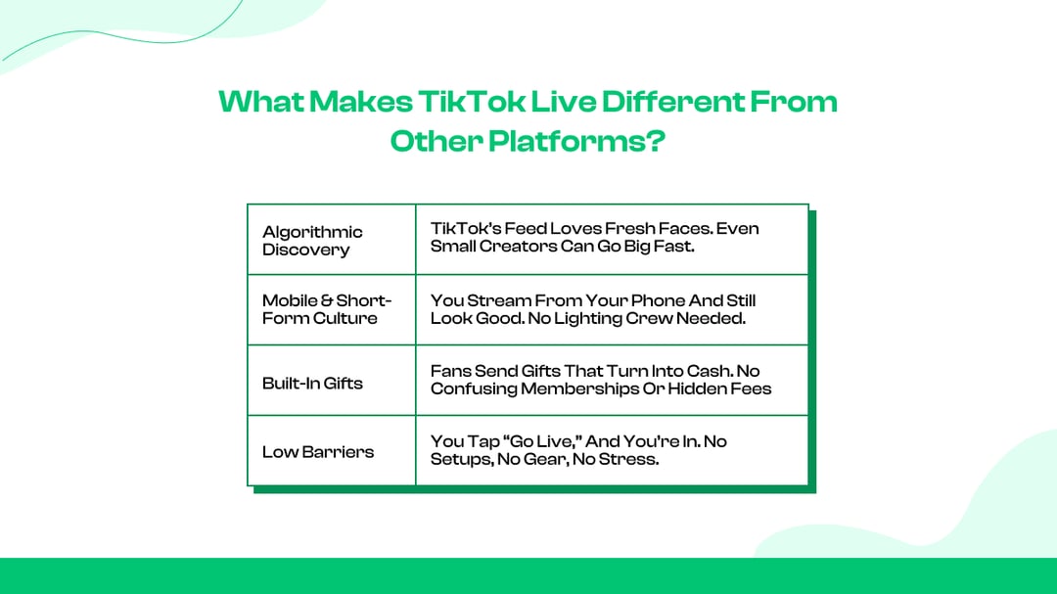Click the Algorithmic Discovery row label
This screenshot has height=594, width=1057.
click(x=312, y=241)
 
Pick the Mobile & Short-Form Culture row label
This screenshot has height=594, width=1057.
click(x=326, y=309)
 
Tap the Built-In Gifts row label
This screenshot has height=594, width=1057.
click(x=312, y=383)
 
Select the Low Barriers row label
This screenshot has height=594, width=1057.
click(x=317, y=452)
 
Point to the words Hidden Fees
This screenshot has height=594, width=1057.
click(x=719, y=389)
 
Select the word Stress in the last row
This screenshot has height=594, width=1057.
click(x=631, y=459)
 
